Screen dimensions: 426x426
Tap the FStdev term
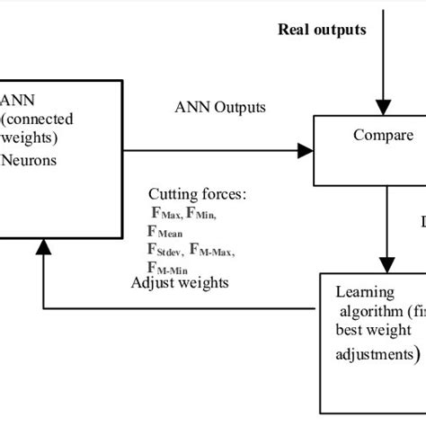[x=167, y=249]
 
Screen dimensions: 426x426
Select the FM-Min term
[x=168, y=267]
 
